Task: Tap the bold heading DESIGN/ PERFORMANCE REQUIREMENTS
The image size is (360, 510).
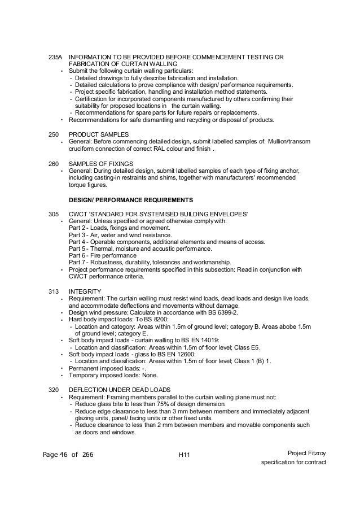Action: [x=131, y=200]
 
